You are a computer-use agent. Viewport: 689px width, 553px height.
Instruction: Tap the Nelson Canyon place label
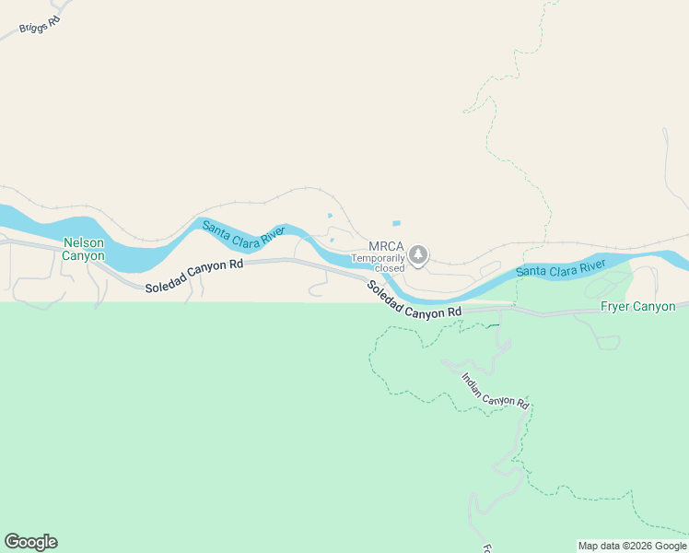tap(83, 249)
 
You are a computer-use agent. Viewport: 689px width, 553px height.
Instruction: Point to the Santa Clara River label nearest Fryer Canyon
tap(560, 269)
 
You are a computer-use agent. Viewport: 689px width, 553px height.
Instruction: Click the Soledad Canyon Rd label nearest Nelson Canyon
tap(193, 276)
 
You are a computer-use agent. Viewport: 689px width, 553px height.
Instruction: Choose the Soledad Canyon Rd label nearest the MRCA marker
tap(414, 300)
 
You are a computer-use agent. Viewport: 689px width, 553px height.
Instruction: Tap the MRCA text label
tap(387, 246)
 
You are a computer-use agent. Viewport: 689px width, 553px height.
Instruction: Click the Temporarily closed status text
tap(378, 263)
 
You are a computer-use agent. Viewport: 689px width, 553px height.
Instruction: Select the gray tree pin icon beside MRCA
tap(418, 254)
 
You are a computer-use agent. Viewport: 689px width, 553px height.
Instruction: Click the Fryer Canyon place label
tap(637, 307)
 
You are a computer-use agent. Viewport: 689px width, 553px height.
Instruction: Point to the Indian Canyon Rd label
tap(496, 391)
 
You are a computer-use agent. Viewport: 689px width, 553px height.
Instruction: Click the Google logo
tap(30, 542)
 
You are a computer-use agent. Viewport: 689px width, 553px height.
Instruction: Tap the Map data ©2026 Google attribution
tap(632, 546)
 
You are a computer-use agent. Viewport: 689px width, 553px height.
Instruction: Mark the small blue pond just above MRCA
tap(396, 223)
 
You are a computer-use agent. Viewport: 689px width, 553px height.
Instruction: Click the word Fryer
tap(615, 307)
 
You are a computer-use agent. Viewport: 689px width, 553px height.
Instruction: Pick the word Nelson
tap(83, 242)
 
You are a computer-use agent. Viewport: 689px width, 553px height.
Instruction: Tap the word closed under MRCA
tap(389, 268)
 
